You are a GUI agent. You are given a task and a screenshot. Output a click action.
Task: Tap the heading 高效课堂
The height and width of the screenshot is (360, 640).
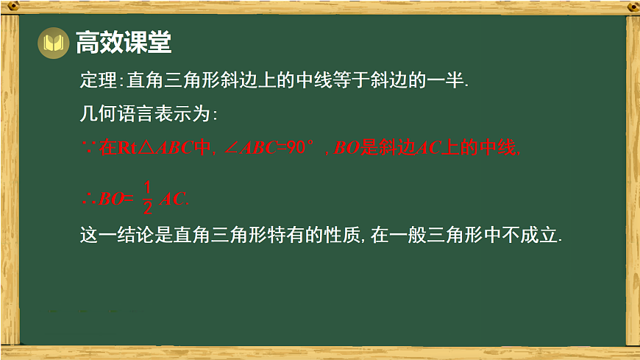(124, 43)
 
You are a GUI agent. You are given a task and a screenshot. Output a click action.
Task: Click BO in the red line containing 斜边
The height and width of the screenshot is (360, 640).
(346, 148)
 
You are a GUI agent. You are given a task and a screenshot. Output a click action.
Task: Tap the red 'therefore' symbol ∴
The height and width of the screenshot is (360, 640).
(88, 198)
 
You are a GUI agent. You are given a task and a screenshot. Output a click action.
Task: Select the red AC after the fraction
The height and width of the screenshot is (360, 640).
(174, 198)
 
